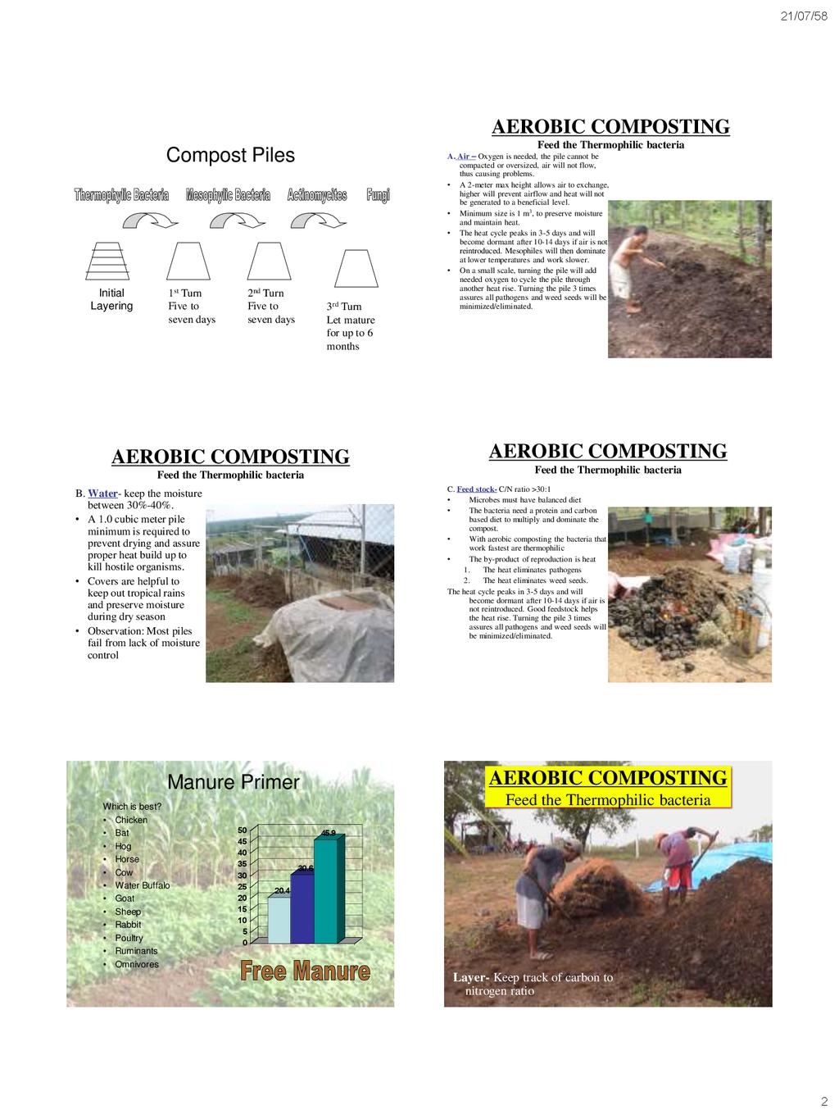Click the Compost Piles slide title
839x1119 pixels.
[230, 155]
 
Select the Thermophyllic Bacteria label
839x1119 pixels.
[121, 195]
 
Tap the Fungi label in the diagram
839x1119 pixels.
[378, 195]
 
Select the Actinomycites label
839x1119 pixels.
[317, 195]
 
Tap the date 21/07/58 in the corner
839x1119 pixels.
[802, 17]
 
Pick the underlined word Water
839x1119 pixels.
[102, 494]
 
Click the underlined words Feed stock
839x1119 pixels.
[477, 489]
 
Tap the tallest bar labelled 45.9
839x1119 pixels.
[325, 888]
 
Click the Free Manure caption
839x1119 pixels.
[305, 971]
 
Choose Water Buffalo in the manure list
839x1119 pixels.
[142, 885]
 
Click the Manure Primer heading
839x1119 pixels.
[233, 782]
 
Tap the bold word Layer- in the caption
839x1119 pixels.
[471, 977]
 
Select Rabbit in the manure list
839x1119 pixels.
[128, 925]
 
